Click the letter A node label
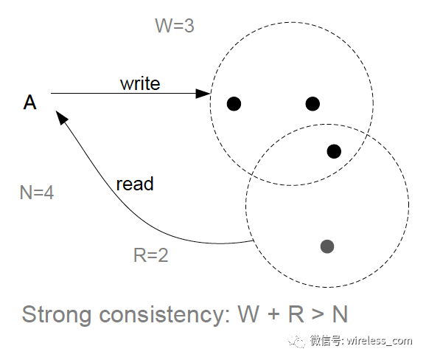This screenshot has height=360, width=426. pyautogui.click(x=29, y=103)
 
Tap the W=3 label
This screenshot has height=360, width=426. pyautogui.click(x=175, y=26)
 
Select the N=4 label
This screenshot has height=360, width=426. pyautogui.click(x=37, y=193)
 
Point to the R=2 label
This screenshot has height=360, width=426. pyautogui.click(x=151, y=255)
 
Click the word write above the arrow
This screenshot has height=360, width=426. pyautogui.click(x=140, y=83)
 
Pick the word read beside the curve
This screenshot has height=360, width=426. pyautogui.click(x=135, y=184)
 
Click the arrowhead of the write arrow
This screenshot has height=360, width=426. pyautogui.click(x=203, y=93)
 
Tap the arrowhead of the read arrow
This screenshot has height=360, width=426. pyautogui.click(x=61, y=117)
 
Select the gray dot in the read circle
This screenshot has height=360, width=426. pyautogui.click(x=327, y=246)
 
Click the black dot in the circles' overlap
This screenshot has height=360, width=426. pyautogui.click(x=334, y=151)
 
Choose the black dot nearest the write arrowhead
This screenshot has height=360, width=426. pyautogui.click(x=234, y=104)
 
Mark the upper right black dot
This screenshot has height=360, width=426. pyautogui.click(x=312, y=104)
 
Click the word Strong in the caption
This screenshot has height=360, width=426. pyautogui.click(x=56, y=315)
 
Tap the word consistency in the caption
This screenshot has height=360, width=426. pyautogui.click(x=165, y=315)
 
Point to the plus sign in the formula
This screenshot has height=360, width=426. pyautogui.click(x=273, y=314)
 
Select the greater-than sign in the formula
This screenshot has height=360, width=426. pyautogui.click(x=318, y=314)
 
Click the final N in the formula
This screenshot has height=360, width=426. pyautogui.click(x=340, y=314)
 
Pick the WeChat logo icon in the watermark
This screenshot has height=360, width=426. pyautogui.click(x=297, y=340)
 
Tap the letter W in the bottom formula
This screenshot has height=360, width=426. pyautogui.click(x=248, y=314)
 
